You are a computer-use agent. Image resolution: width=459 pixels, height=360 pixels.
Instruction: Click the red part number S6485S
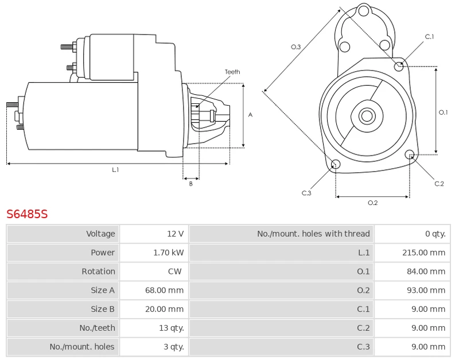point(27,215)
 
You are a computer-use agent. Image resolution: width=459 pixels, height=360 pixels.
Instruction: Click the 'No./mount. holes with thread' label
point(313,234)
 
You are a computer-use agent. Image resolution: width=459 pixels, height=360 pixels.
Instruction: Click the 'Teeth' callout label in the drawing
point(232,72)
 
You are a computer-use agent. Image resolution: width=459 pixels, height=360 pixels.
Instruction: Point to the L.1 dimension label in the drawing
point(115,170)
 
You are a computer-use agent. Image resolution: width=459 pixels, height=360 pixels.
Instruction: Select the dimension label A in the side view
point(251,115)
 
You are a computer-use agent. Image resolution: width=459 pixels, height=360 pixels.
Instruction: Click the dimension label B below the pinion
point(191,184)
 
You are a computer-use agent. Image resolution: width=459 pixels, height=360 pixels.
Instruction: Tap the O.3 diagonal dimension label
point(296,47)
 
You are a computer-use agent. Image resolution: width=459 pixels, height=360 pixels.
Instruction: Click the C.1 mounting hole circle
point(399,66)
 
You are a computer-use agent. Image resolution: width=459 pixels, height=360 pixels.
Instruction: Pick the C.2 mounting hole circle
point(410,154)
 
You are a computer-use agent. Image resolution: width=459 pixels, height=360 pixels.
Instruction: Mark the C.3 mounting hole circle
point(336,165)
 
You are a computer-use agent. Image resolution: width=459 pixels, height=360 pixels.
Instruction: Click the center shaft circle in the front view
point(367,116)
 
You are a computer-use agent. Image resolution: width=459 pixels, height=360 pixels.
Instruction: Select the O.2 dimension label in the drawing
point(372,203)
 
